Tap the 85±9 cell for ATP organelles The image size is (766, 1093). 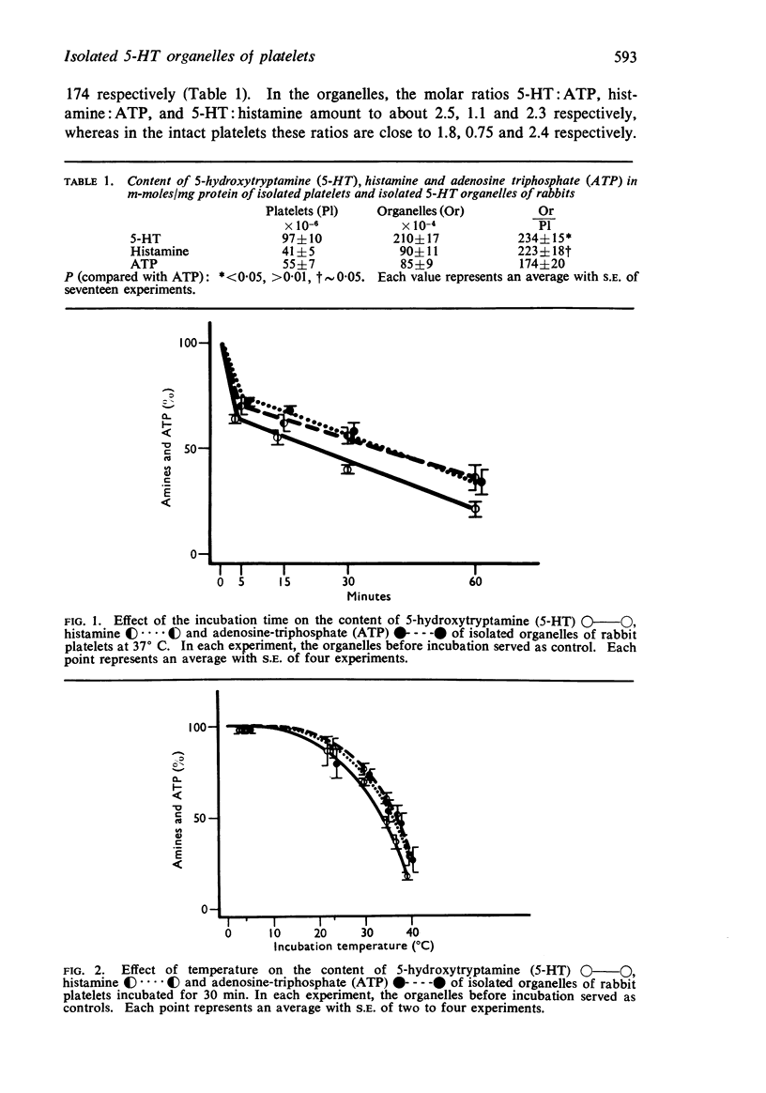(415, 265)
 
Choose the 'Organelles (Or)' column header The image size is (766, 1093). (420, 210)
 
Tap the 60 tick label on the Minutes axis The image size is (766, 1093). (476, 582)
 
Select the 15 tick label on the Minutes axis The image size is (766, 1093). (283, 582)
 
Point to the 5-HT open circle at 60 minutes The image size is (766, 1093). (476, 508)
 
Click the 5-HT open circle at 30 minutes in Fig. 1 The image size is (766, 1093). (348, 468)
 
